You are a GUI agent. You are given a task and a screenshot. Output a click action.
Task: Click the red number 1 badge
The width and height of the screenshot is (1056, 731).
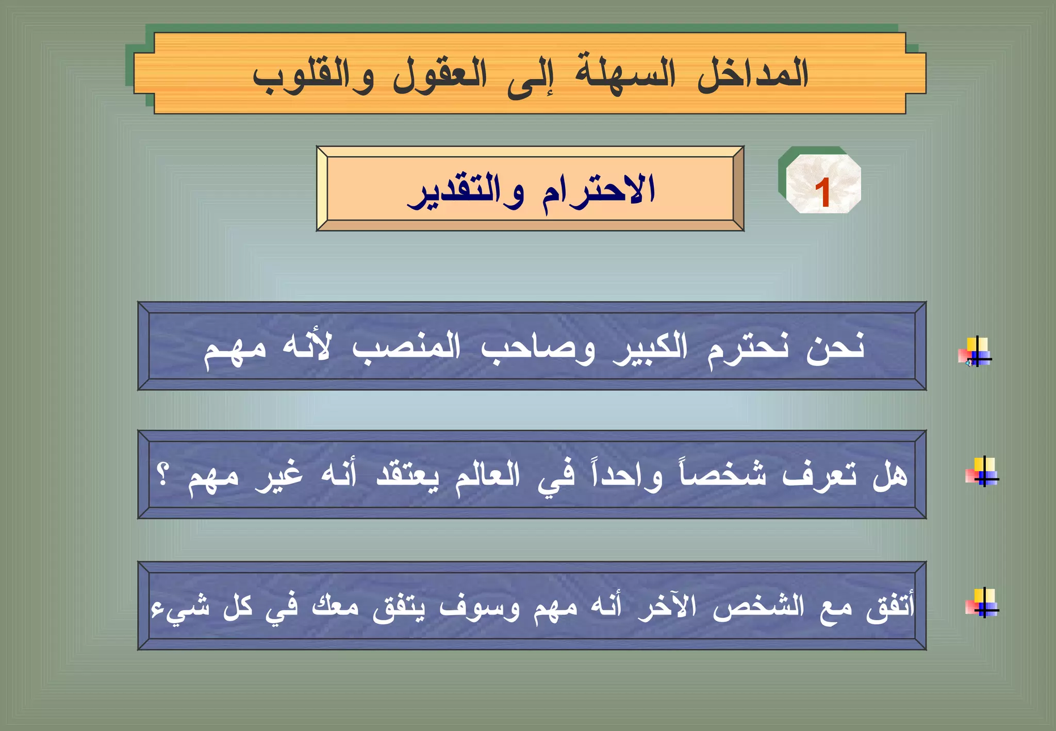pos(823,192)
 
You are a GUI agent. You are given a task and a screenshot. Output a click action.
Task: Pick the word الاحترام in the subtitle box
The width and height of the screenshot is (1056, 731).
pos(598,191)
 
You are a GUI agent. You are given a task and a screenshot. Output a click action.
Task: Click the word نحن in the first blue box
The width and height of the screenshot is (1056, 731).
pos(835,348)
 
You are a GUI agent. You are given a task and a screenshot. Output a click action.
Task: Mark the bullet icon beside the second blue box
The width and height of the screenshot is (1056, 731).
pos(982,472)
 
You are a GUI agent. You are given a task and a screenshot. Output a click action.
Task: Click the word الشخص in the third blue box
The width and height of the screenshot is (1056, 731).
pos(758,606)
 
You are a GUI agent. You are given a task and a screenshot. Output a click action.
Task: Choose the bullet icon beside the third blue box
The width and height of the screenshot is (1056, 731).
pos(982,603)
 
